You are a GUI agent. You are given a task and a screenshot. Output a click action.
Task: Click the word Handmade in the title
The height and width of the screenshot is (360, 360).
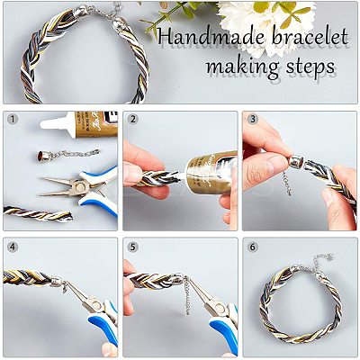click(x=210, y=37)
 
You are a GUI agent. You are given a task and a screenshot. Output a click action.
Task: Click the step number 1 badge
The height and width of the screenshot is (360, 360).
click(x=13, y=120)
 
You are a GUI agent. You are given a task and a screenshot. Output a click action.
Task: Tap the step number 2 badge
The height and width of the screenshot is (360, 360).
click(x=132, y=120)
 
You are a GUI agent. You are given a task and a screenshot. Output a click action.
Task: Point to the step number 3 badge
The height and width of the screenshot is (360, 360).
click(x=253, y=120)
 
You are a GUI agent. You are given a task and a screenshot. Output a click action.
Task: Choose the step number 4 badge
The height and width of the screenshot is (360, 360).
click(x=13, y=247)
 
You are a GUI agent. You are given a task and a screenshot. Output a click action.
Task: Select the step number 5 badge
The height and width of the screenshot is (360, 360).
click(x=132, y=247)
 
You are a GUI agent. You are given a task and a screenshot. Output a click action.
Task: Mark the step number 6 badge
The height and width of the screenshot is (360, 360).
click(x=253, y=247)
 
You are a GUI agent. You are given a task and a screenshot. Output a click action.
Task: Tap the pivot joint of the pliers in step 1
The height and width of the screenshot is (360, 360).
click(x=80, y=187)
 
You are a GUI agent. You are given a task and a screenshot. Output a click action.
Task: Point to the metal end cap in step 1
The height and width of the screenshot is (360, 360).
click(x=42, y=156)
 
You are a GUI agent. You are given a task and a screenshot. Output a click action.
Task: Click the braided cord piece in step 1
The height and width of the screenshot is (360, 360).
click(x=38, y=214)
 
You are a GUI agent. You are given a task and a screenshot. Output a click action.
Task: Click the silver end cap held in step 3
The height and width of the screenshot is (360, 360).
click(x=296, y=162)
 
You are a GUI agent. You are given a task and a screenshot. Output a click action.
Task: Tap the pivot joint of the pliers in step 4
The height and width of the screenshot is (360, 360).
click(x=97, y=305)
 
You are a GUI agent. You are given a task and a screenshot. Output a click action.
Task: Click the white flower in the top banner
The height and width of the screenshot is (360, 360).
click(x=263, y=25)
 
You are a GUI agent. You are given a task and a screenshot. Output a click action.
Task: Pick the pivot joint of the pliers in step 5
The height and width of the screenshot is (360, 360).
click(x=220, y=308)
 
